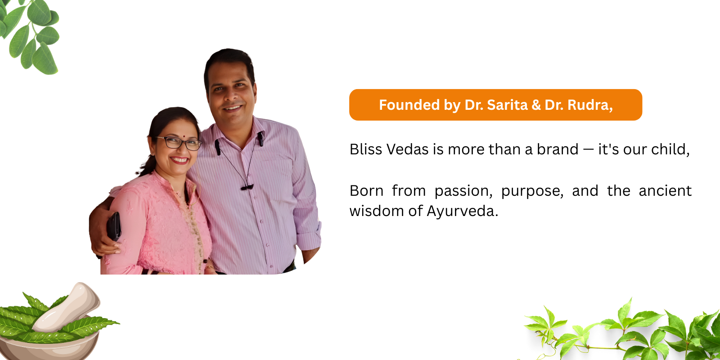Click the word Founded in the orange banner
409,105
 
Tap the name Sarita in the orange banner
507,105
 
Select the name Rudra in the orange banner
590,105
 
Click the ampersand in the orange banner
536,105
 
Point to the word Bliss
366,149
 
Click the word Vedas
408,149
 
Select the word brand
558,149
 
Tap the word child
670,149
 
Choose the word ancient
665,191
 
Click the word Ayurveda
463,211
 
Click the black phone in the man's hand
114,227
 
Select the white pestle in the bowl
66,308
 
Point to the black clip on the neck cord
247,187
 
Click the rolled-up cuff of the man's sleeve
309,236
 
